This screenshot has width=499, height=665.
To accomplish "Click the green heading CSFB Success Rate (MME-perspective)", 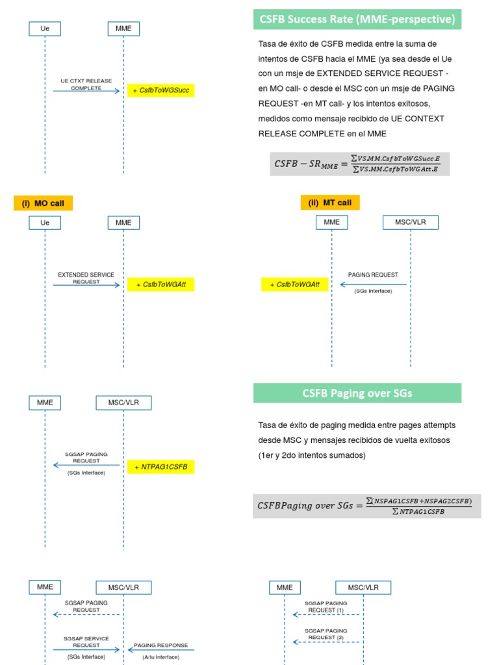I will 357,19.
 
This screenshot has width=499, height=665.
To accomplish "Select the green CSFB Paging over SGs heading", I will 357,393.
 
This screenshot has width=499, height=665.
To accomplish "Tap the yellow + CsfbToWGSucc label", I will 160,90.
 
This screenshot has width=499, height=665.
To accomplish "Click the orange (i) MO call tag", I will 43,203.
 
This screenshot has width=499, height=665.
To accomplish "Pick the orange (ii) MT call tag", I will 329,203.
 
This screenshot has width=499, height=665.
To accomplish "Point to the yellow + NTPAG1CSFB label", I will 160,467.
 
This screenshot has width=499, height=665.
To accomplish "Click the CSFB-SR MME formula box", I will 359,164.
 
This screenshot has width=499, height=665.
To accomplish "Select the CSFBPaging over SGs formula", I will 366,506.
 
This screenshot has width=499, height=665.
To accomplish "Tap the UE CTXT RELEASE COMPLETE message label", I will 86,84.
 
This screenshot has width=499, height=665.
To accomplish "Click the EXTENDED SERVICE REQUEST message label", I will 86,278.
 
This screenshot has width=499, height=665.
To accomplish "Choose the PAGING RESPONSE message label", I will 160,646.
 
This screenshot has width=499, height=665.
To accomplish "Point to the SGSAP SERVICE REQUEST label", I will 86,642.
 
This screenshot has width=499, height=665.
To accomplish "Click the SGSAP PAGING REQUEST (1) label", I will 326,607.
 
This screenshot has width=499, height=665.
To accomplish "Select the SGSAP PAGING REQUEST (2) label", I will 326,634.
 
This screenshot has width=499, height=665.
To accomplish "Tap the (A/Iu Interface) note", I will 160,657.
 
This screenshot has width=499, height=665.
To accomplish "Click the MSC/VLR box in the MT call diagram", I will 411,222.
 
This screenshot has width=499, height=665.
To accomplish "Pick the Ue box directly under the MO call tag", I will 45,223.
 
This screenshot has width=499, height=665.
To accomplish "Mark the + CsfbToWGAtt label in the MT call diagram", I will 294,284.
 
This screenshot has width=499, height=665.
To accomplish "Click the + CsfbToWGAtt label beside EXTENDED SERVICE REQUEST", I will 160,284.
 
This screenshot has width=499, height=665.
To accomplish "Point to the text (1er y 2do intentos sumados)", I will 312,455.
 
